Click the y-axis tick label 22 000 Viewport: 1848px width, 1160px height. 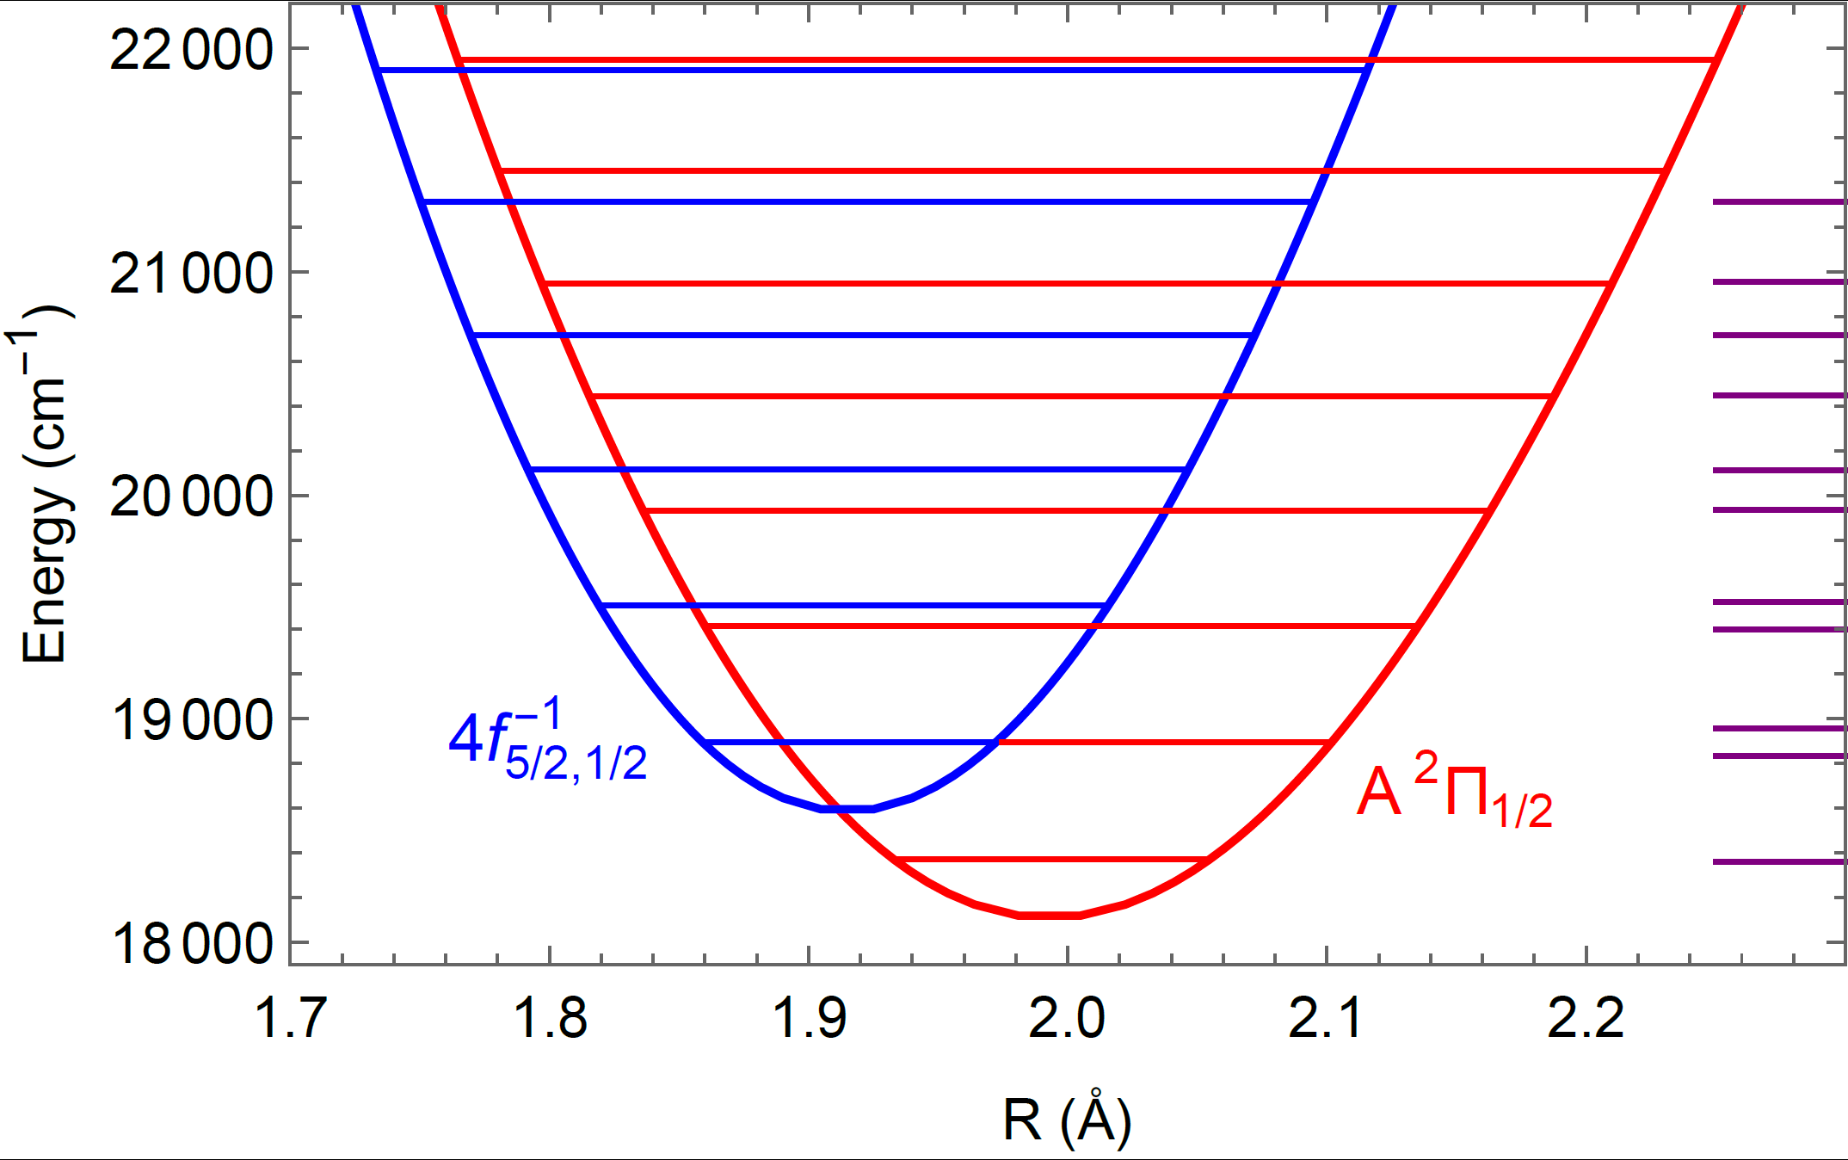point(191,50)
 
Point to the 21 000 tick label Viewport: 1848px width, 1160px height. point(191,274)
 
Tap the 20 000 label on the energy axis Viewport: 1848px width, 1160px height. point(191,497)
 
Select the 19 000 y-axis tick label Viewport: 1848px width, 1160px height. point(191,720)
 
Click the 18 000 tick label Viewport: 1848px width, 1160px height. point(191,944)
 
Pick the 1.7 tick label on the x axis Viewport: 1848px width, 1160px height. point(291,1018)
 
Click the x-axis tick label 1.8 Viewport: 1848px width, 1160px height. point(550,1018)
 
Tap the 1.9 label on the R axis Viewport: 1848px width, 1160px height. point(809,1018)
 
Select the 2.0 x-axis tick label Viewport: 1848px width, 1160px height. point(1067,1018)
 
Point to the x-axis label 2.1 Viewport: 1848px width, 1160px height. point(1326,1018)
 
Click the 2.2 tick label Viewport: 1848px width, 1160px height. point(1585,1018)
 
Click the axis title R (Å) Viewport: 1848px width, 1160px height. point(1067,1119)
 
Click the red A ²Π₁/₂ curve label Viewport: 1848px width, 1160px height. point(1454,792)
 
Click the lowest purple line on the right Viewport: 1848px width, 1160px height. point(1779,861)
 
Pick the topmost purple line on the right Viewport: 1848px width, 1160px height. point(1779,202)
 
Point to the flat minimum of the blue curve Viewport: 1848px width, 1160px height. point(847,809)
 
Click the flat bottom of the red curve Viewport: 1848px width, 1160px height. point(1050,915)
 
